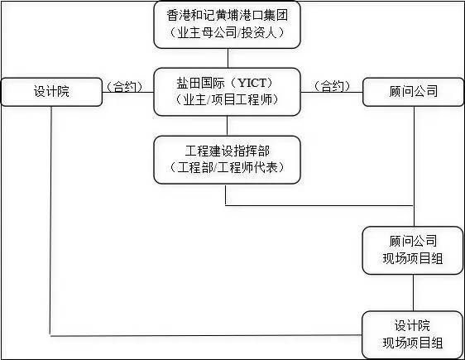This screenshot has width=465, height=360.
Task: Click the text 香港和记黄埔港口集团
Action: (228, 16)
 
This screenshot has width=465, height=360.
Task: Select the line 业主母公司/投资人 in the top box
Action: (228, 32)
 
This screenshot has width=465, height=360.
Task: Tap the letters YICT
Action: (252, 83)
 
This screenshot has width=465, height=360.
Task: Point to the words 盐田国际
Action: (201, 83)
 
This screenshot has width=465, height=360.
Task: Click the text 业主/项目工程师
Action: (228, 99)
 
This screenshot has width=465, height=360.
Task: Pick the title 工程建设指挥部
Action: (228, 151)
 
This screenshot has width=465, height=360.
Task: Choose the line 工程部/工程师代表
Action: (228, 167)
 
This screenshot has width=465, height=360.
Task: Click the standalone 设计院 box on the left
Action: (51, 92)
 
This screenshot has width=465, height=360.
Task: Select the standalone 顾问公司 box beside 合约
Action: (413, 92)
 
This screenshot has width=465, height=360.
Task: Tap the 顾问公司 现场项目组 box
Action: (413, 250)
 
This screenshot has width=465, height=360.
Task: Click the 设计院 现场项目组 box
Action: (413, 335)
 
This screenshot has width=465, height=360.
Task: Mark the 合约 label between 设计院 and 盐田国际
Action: (125, 87)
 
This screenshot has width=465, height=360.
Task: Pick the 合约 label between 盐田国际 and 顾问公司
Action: (332, 86)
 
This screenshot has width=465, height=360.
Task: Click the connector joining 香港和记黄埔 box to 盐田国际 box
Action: (228, 58)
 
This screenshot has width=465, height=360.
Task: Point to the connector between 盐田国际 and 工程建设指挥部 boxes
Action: (228, 126)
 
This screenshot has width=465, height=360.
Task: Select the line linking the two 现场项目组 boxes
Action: (414, 293)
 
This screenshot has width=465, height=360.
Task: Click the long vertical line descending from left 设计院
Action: (50, 221)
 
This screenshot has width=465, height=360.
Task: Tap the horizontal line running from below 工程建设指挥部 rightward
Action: (319, 205)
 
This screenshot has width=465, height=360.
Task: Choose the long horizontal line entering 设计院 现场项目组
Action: (206, 335)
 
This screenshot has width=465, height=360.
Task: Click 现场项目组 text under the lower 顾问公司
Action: (413, 258)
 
